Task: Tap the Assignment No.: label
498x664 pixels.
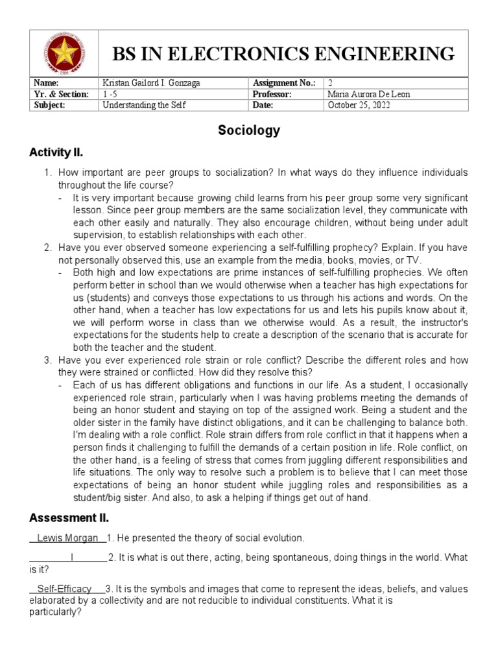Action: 285,84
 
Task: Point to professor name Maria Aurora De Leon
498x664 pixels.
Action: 369,94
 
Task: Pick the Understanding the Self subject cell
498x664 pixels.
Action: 145,104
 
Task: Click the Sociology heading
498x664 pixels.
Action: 249,130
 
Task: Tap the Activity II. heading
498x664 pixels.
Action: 56,153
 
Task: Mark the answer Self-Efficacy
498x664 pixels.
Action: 64,589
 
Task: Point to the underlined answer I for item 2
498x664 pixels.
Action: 72,558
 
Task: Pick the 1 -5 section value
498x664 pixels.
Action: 112,94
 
